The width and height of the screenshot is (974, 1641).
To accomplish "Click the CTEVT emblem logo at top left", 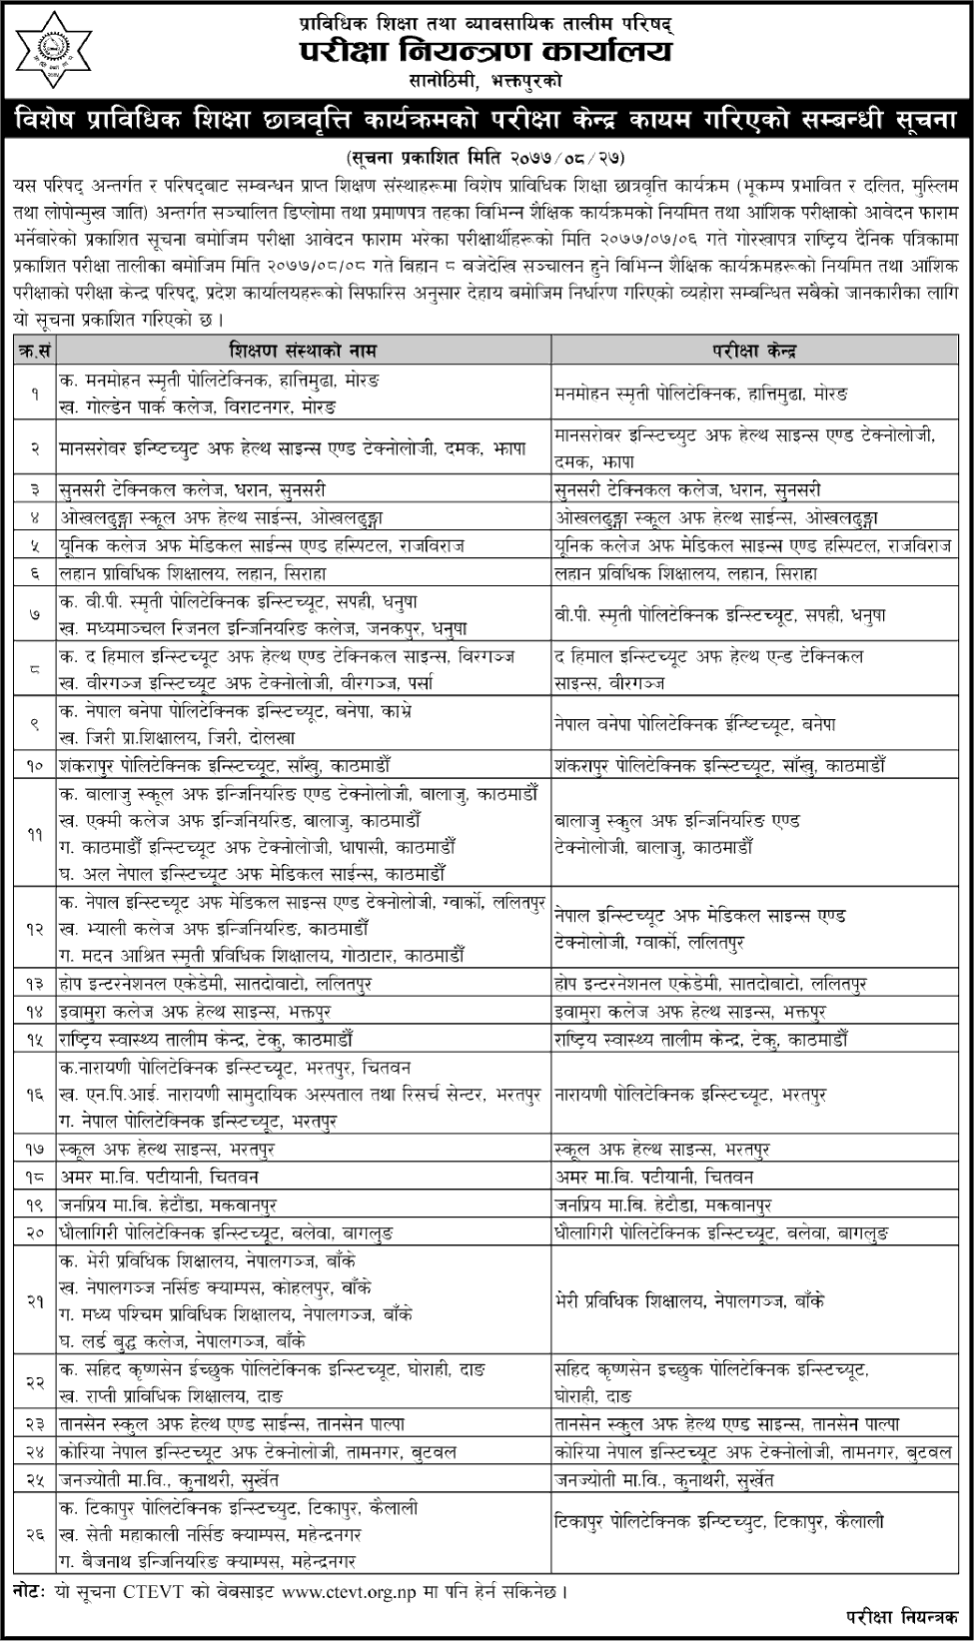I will click(50, 47).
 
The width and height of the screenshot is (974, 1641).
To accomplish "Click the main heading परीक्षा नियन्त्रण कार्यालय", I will click(487, 51).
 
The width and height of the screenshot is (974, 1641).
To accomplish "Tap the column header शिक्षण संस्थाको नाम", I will click(302, 351).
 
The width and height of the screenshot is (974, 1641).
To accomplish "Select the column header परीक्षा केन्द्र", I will click(754, 351).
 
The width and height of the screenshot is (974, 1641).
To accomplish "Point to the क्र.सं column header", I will click(35, 351).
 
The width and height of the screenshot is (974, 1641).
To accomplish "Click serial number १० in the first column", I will click(35, 766).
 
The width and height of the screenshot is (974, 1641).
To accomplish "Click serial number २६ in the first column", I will click(35, 1533).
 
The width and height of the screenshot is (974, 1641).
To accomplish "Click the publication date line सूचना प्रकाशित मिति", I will click(487, 158).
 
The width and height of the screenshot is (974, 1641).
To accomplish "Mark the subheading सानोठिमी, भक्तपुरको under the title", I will click(487, 80).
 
